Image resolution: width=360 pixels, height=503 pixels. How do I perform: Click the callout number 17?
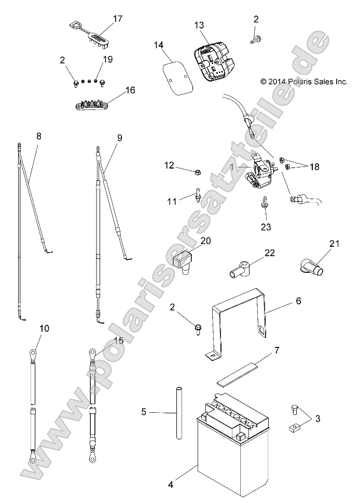(x=118, y=19)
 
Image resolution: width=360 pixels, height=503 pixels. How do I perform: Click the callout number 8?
(x=39, y=137)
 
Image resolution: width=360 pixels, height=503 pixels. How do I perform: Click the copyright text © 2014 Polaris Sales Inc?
(x=303, y=81)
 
